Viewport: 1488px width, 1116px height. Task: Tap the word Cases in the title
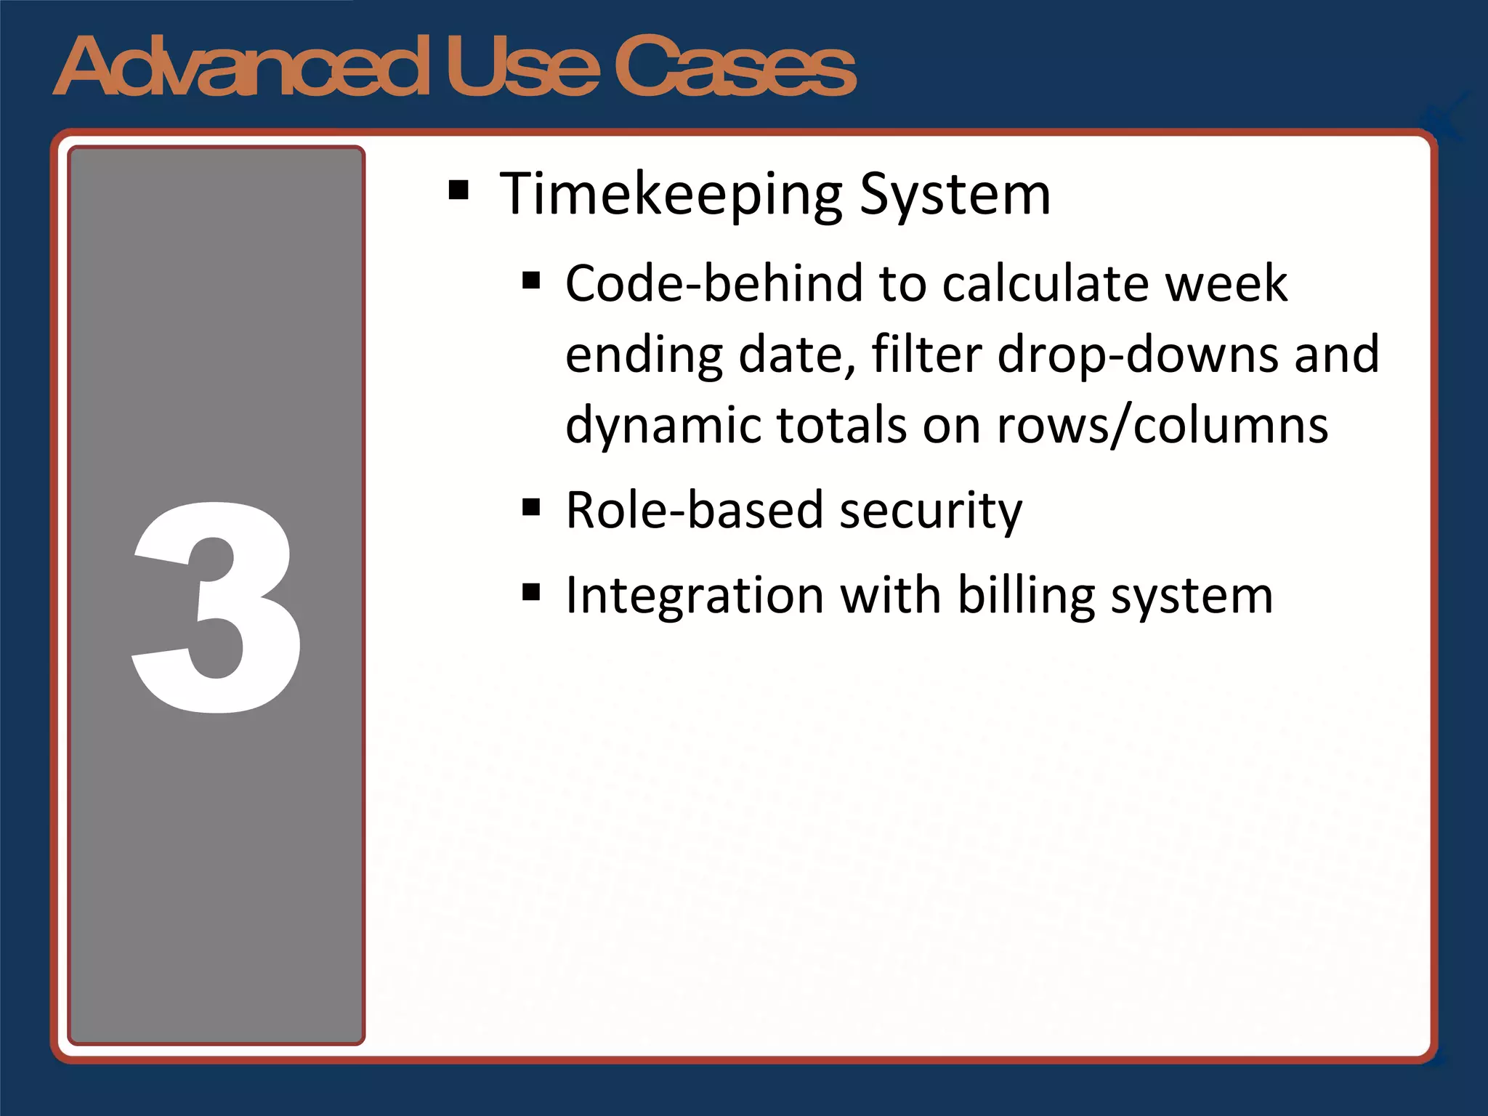(x=735, y=67)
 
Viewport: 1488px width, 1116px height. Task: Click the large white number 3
(x=217, y=607)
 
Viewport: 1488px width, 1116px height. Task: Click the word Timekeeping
(x=671, y=195)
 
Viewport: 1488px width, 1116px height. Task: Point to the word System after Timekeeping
(x=955, y=195)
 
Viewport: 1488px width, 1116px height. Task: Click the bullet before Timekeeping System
(x=458, y=190)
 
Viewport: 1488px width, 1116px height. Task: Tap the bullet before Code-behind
(x=531, y=280)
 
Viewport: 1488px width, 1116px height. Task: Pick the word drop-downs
(x=1138, y=355)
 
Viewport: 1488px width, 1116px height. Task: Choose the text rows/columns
(x=1162, y=426)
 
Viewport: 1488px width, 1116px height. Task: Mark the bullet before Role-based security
(x=531, y=506)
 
